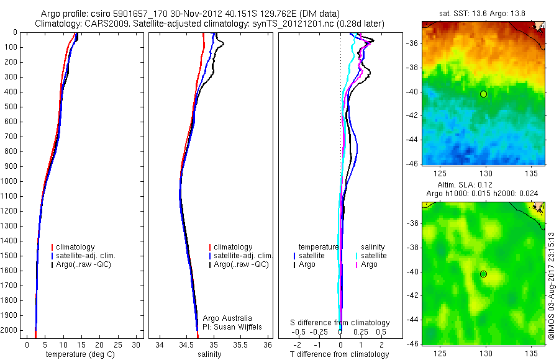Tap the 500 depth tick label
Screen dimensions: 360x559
pyautogui.click(x=11, y=107)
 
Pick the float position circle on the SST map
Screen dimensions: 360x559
pyautogui.click(x=483, y=94)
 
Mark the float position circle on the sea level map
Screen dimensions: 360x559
pyautogui.click(x=483, y=274)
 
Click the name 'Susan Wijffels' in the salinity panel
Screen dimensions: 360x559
pyautogui.click(x=237, y=327)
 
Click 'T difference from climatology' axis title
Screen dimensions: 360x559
pyautogui.click(x=339, y=354)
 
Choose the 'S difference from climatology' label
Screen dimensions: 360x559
pyautogui.click(x=340, y=323)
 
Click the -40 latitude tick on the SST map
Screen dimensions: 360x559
pyautogui.click(x=412, y=92)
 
